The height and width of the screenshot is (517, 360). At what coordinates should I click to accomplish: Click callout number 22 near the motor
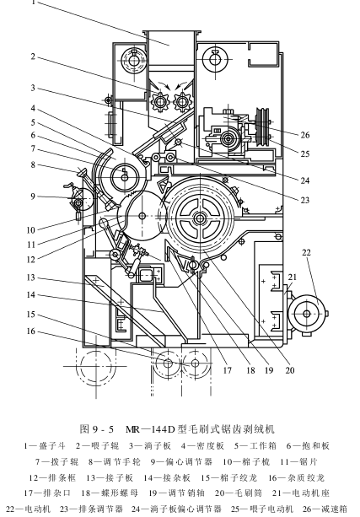coord(306,252)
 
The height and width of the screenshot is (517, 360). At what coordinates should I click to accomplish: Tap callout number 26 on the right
coord(305,135)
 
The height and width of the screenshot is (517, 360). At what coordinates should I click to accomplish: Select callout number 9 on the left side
coord(33,197)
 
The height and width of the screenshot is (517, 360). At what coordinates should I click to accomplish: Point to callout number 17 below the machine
coord(227,370)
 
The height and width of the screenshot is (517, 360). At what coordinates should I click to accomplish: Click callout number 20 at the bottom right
coord(290,370)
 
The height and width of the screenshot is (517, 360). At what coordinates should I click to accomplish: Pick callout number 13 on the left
coord(30,277)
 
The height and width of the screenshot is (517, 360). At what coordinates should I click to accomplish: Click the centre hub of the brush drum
coord(199,218)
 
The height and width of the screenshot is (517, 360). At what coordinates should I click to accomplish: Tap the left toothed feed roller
coord(160,102)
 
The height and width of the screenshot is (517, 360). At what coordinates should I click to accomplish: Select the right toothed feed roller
coord(181,102)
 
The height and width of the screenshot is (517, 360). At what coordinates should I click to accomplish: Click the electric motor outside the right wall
coord(306,314)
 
